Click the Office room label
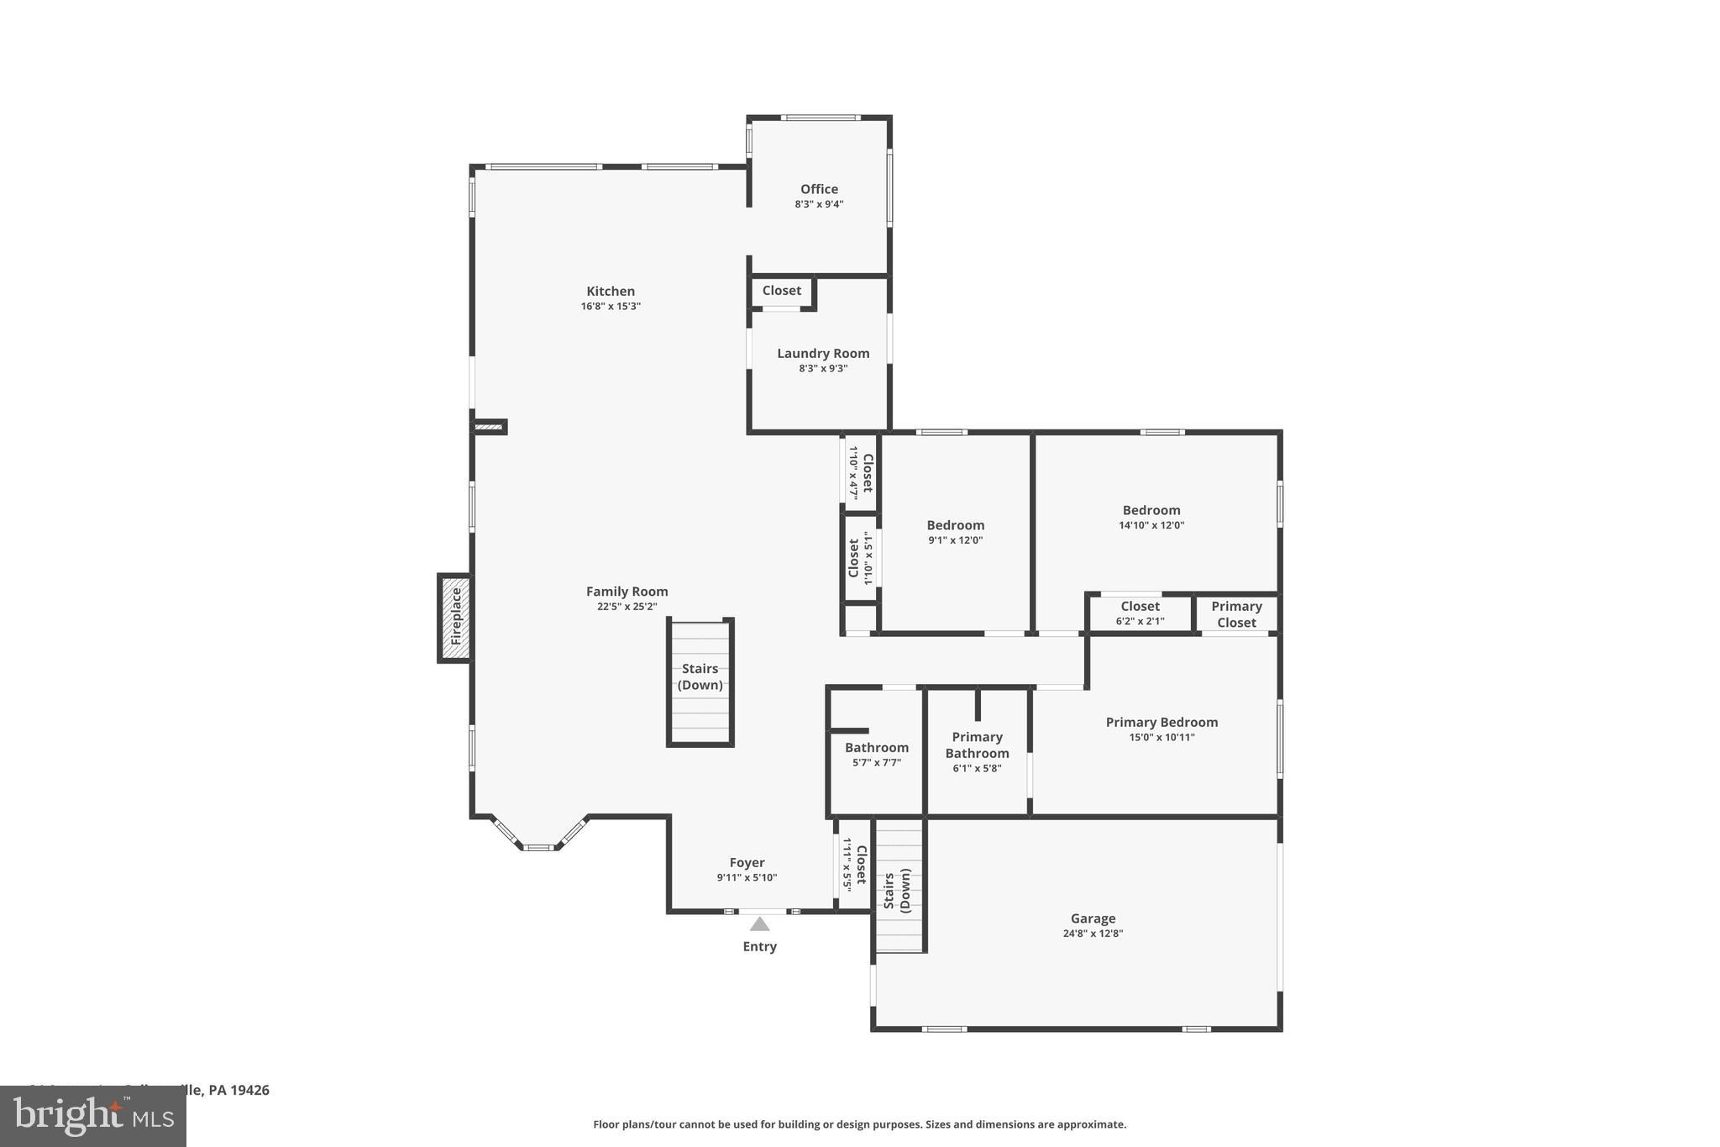click(819, 189)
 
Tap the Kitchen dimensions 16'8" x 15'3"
click(611, 307)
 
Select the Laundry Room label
click(823, 354)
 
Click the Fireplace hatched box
click(455, 618)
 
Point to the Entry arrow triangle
click(759, 924)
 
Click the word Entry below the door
click(759, 947)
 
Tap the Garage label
click(1093, 918)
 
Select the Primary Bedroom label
click(1162, 723)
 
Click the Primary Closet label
click(1236, 614)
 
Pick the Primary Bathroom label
click(977, 744)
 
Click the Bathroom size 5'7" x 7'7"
click(877, 763)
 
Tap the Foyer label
click(747, 862)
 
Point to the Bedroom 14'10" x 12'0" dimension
click(1151, 525)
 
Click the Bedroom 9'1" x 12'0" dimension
click(955, 540)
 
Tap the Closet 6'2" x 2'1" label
click(1140, 607)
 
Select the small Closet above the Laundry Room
click(781, 291)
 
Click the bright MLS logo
click(93, 1116)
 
